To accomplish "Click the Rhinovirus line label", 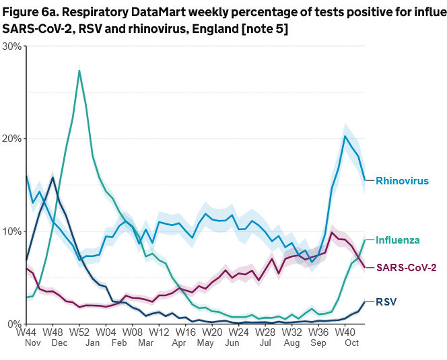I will coord(402,181).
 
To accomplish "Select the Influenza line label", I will coord(398,240).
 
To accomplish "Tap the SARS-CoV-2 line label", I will coord(405,268).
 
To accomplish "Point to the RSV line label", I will coord(386,303).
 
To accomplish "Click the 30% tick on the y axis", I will coord(11,46).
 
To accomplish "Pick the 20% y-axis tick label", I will coord(11,139).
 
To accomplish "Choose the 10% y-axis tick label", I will coord(11,231).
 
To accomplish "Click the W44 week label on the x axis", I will coord(26,332).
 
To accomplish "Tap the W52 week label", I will coord(79,332).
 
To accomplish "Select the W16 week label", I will coord(185,332).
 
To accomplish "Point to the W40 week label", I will coord(345,332).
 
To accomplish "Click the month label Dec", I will coord(59,343).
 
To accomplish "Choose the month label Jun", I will coord(232,343).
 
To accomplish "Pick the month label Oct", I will coord(351,343).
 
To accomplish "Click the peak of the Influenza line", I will coord(79,71).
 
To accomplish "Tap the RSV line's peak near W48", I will coord(53,178).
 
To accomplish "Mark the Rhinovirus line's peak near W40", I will coord(345,137).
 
